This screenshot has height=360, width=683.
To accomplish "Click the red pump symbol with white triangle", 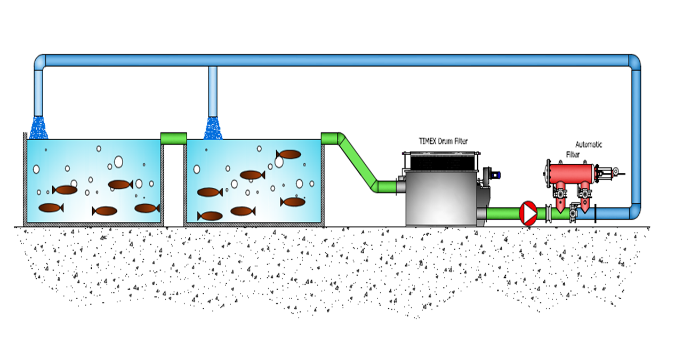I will (528, 213).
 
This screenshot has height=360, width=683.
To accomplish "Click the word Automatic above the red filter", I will (588, 144).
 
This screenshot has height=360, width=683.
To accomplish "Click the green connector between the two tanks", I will (173, 138).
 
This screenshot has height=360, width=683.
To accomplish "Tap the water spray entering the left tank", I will (38, 128).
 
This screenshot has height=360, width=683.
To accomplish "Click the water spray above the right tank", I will (213, 128).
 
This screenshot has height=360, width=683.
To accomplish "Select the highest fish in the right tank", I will (289, 154).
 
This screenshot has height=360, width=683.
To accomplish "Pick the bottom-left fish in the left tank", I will (51, 207).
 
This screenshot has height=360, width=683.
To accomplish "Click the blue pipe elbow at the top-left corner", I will (40, 61).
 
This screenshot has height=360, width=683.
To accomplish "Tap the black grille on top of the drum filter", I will (440, 160).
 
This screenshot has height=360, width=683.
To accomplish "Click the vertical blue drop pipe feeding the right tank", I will (213, 91).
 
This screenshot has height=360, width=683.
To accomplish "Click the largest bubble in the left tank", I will (118, 162).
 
